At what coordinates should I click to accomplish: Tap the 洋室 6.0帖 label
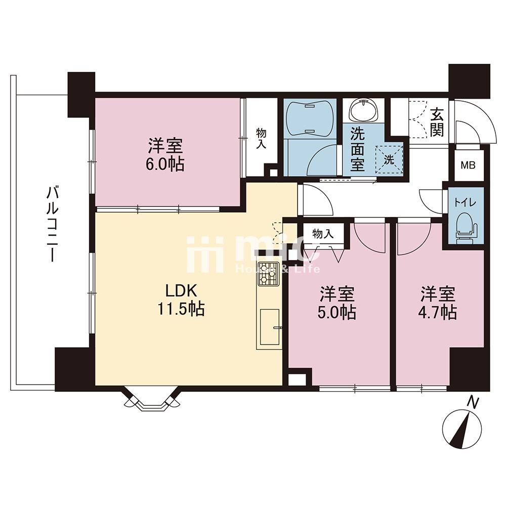[x=166, y=155]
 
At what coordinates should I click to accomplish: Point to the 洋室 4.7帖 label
[x=438, y=303]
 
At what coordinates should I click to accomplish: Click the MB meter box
[x=468, y=166]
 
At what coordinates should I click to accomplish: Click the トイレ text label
[x=465, y=203]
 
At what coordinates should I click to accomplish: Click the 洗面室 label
[x=358, y=149]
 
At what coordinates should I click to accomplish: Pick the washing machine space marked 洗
[x=389, y=160]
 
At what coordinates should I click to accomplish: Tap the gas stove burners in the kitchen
[x=268, y=274]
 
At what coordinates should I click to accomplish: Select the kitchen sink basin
[x=270, y=326]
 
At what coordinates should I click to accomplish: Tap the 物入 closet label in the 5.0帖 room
[x=323, y=234]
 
